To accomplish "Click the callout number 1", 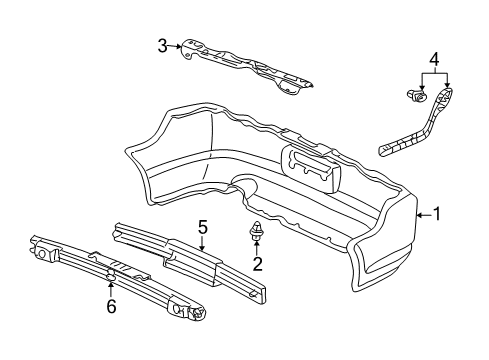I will click(x=436, y=212).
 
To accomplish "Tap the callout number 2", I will click(x=258, y=264).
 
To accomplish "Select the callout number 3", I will click(x=162, y=45).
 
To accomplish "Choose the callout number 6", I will click(x=111, y=306).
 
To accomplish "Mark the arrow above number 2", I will click(x=257, y=248).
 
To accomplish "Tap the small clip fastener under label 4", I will click(x=414, y=97).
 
